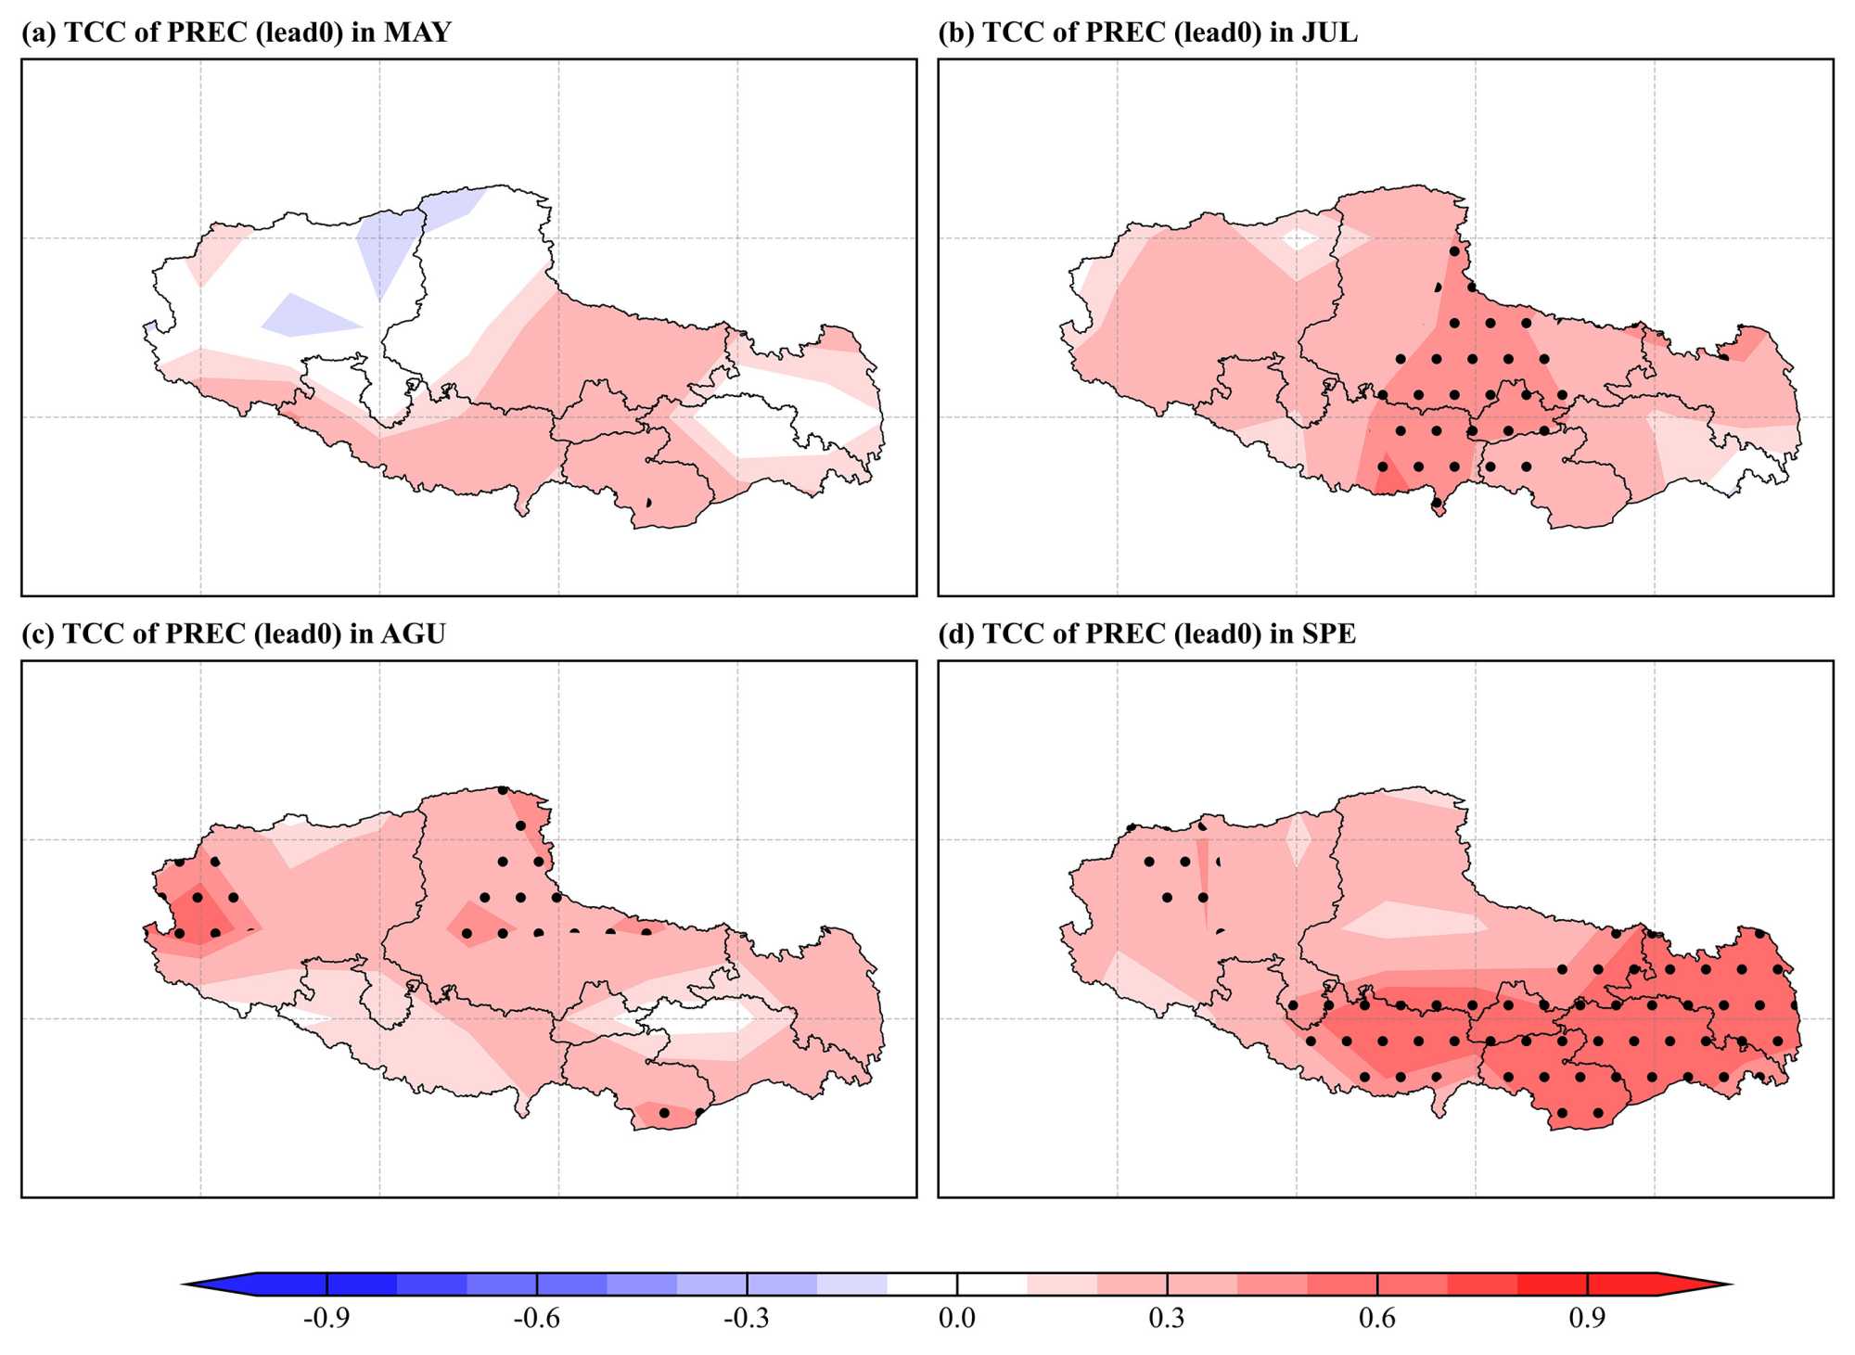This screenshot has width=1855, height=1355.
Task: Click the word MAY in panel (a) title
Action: [416, 32]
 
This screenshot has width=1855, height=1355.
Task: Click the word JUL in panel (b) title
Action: [1329, 32]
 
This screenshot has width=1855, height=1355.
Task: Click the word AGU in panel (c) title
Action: [413, 633]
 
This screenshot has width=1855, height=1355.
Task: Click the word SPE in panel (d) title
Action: [1328, 633]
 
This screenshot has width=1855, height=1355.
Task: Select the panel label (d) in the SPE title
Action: [955, 633]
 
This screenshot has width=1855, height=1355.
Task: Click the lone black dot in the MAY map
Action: [648, 502]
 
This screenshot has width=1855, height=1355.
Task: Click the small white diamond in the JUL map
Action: [1299, 239]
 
